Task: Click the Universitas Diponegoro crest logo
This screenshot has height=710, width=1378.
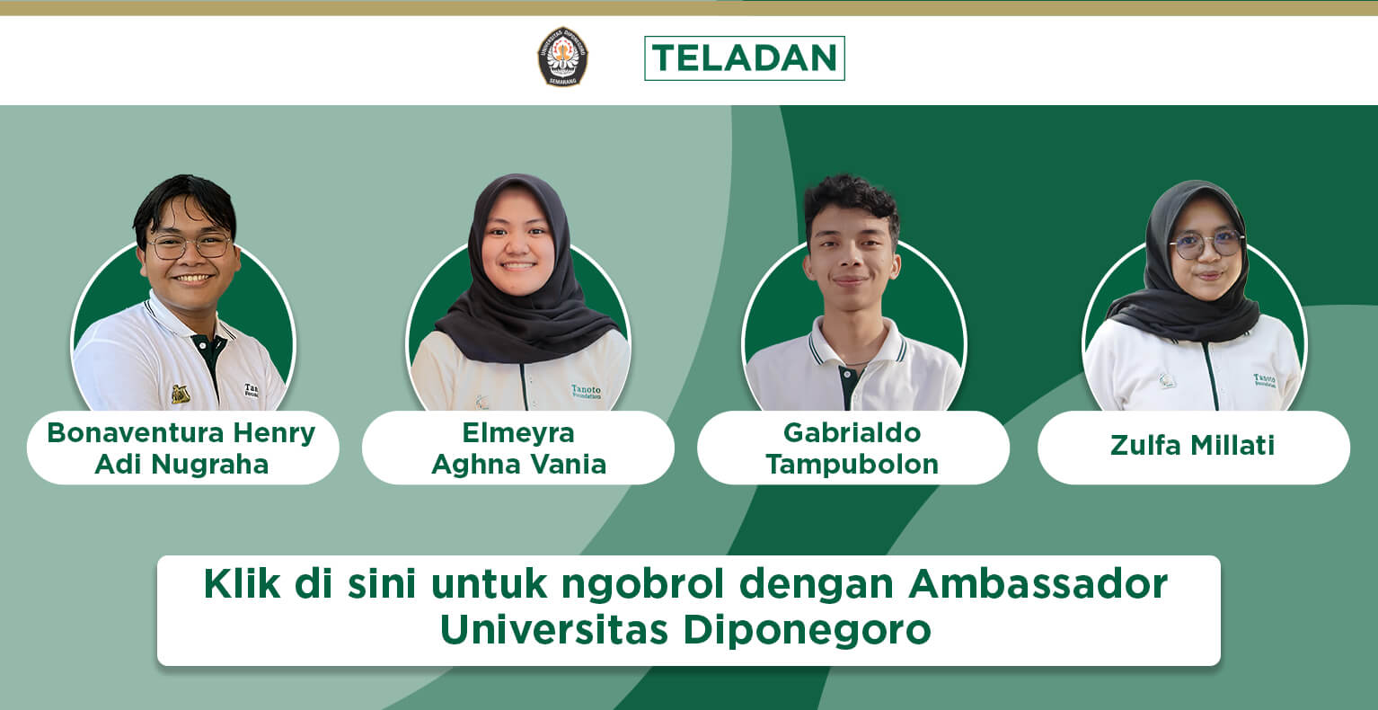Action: (562, 57)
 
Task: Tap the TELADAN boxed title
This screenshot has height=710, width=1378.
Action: (745, 58)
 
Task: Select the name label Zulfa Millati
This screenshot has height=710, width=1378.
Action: (1192, 446)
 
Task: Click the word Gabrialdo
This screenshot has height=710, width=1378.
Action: (852, 432)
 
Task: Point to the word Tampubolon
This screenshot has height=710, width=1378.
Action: (852, 465)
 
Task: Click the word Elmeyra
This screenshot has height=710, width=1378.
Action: (518, 433)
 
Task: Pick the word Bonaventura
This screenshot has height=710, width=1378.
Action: (135, 432)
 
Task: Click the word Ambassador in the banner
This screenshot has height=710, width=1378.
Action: (1038, 583)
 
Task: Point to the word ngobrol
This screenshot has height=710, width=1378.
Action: (642, 584)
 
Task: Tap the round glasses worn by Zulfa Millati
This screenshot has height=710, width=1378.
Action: (1206, 244)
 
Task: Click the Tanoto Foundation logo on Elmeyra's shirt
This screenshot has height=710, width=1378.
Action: (587, 391)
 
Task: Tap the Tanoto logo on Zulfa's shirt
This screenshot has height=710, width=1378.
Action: (1265, 379)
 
